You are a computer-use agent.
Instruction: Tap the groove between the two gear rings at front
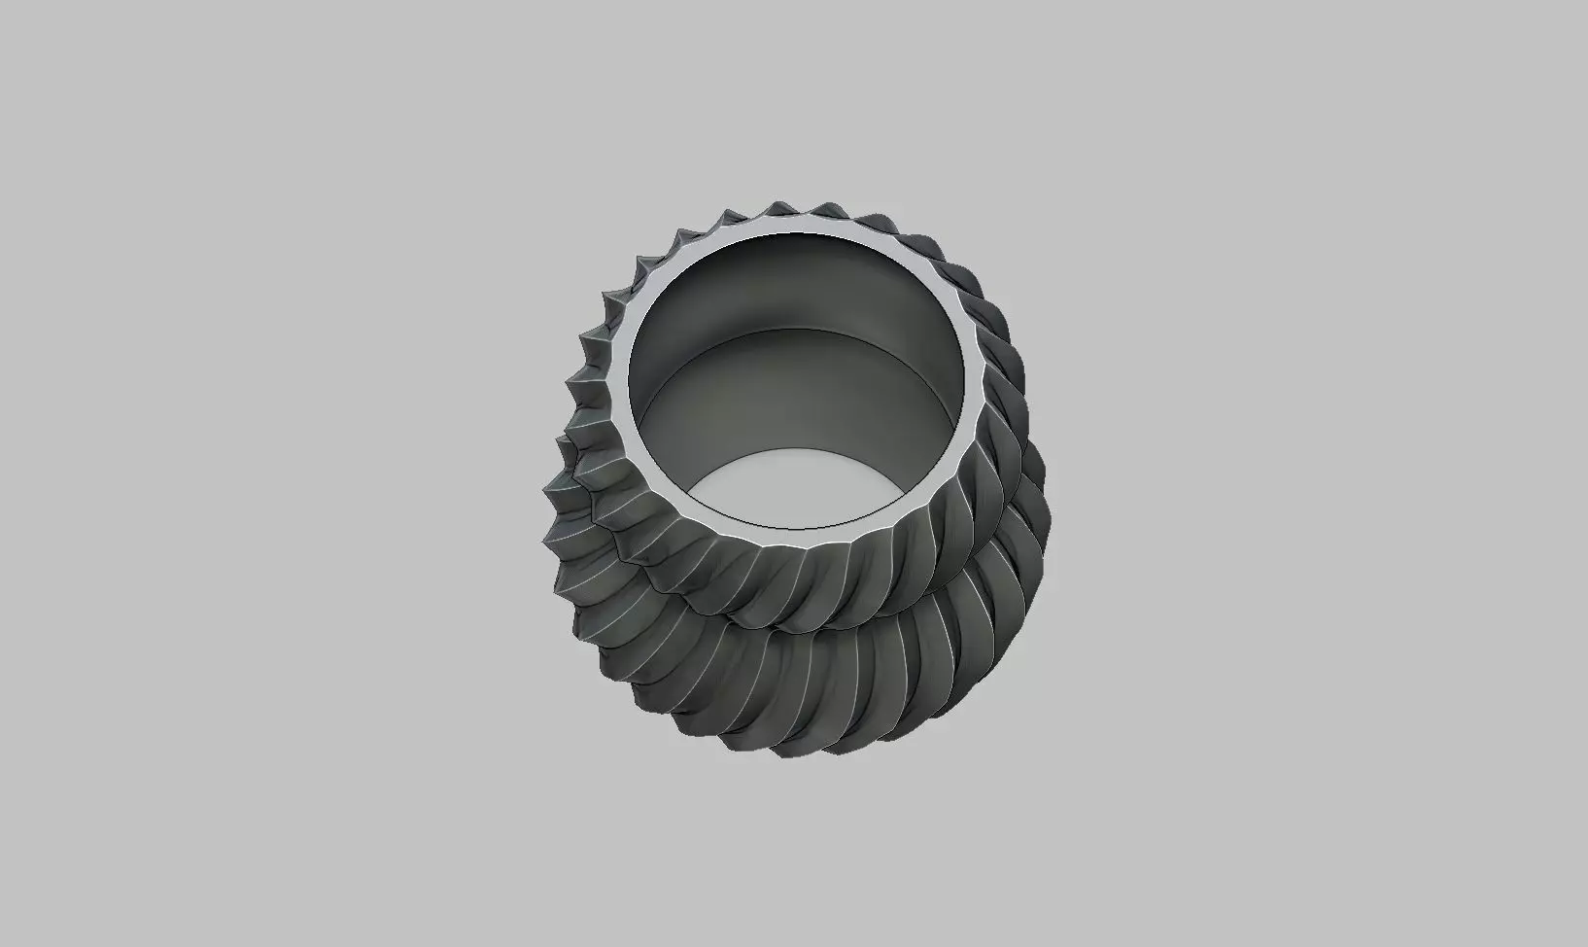pos(777,627)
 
